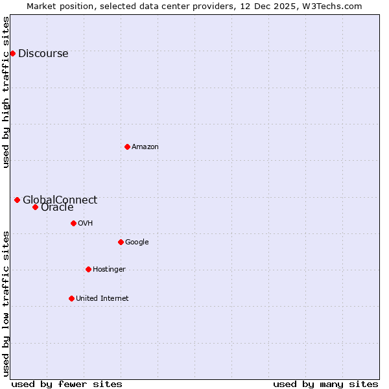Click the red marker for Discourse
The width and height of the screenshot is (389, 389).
pos(12,53)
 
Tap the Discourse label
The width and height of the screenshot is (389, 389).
pos(43,54)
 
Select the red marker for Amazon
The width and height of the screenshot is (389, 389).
pos(127,147)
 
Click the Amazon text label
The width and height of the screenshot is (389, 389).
pos(145,147)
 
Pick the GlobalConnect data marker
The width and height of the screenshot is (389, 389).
pos(17,200)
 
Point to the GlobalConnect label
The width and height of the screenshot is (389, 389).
pos(60,200)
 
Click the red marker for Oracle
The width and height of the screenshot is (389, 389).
pos(35,207)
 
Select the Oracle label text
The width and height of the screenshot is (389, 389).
pos(57,208)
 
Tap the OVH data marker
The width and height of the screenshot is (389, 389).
pos(73,223)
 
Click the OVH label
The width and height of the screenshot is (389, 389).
pos(86,224)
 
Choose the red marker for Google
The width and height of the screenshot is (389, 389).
pos(121,242)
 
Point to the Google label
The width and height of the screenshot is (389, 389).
pos(137,242)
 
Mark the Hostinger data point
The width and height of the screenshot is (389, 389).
pos(88,269)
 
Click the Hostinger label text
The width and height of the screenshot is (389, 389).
pos(109,270)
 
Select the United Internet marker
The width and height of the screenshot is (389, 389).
pos(71,298)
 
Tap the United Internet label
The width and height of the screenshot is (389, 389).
pos(102,299)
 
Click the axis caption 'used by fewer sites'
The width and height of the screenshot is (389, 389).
pos(67,384)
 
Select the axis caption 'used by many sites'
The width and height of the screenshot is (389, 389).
pos(325,384)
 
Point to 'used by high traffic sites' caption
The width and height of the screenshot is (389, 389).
pos(6,92)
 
